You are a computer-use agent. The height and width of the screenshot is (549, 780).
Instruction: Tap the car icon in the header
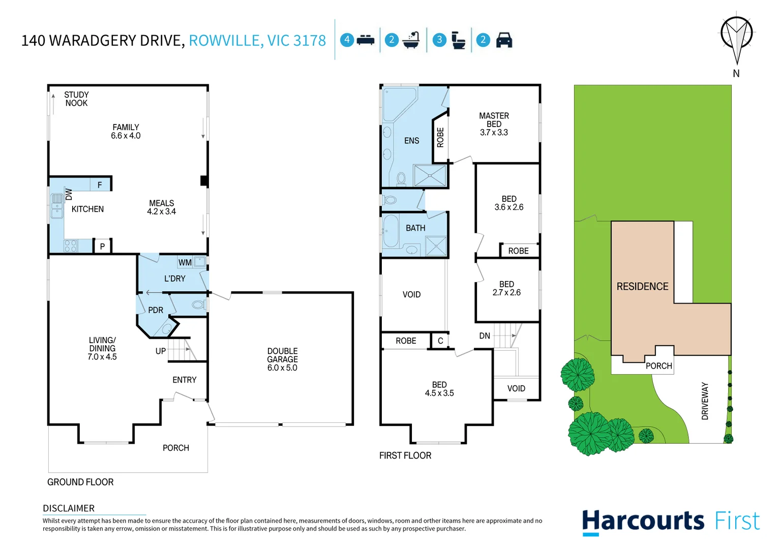point(504,40)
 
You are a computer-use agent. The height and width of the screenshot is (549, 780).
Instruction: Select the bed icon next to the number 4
point(365,40)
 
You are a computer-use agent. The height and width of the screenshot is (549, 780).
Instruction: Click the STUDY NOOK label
point(76,99)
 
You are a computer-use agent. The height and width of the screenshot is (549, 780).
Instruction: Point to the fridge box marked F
point(100,185)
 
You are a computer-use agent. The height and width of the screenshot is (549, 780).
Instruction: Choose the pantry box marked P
point(102,247)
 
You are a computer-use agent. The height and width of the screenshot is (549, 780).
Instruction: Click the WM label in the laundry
point(185,263)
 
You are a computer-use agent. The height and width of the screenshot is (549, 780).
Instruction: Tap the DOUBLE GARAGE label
point(282,355)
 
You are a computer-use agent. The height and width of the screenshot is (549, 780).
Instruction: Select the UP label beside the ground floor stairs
point(161,351)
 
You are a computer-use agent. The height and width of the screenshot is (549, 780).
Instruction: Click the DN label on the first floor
point(485,336)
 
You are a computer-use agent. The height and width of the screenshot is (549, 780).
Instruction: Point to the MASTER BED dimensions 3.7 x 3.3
point(494,133)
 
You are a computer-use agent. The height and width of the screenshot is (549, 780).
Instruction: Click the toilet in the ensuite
point(401,178)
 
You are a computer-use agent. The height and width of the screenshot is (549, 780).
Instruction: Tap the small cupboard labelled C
point(440,341)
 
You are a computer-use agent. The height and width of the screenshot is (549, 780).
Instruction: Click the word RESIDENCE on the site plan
point(642,287)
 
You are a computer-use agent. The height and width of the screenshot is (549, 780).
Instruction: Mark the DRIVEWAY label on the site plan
point(705,401)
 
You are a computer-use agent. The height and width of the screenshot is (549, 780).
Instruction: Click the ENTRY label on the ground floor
point(184,380)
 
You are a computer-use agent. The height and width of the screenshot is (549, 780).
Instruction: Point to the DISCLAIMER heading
point(69,508)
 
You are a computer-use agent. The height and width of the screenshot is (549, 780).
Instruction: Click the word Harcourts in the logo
point(643,522)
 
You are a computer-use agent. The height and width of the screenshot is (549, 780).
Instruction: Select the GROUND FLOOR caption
point(80,482)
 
